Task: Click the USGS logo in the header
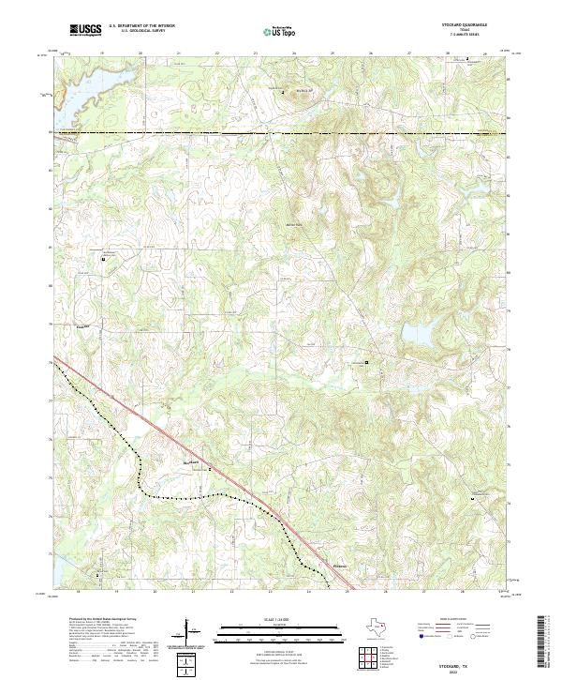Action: (x=83, y=30)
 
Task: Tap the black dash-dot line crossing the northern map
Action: (x=281, y=133)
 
